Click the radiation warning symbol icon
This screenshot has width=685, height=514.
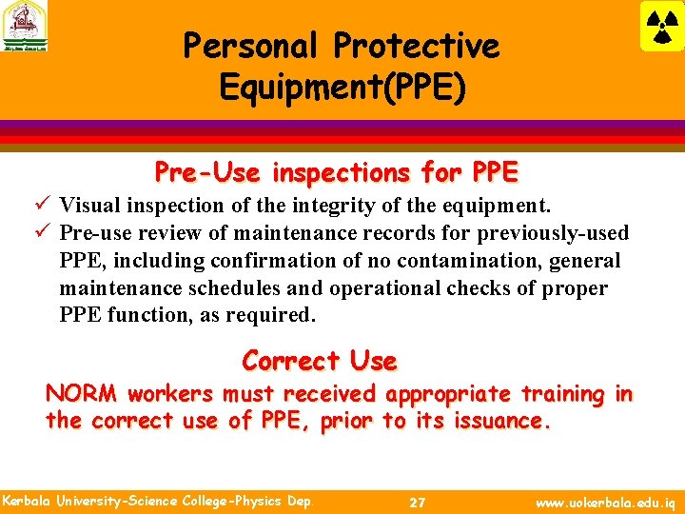pyautogui.click(x=661, y=27)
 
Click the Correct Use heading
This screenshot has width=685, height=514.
pyautogui.click(x=320, y=362)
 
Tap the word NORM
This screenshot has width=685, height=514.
pyautogui.click(x=82, y=394)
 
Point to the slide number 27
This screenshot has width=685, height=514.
pyautogui.click(x=417, y=502)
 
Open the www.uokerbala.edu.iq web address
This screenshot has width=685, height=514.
pyautogui.click(x=605, y=502)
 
